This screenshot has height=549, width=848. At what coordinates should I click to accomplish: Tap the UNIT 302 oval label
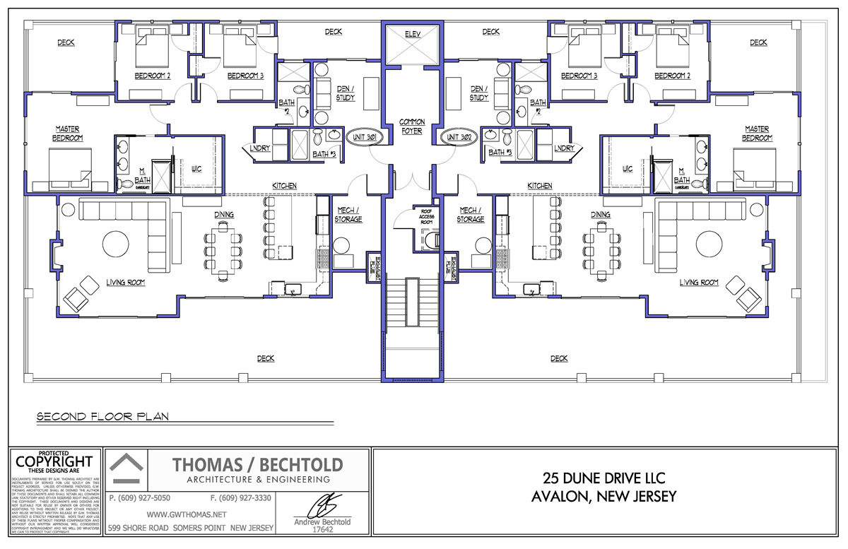coord(459,136)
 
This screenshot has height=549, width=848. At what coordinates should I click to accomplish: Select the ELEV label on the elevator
coord(412,35)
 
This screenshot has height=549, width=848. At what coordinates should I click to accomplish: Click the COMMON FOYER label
coord(412,126)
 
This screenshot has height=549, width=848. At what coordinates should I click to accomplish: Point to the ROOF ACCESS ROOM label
coord(426,217)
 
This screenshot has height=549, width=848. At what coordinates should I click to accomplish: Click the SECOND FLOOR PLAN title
coord(102,416)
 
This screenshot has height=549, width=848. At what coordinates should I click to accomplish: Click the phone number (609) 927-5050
coord(140,497)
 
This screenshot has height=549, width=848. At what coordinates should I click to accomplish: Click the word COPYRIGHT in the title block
coord(54,461)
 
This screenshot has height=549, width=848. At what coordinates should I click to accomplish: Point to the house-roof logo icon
coord(129,469)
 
